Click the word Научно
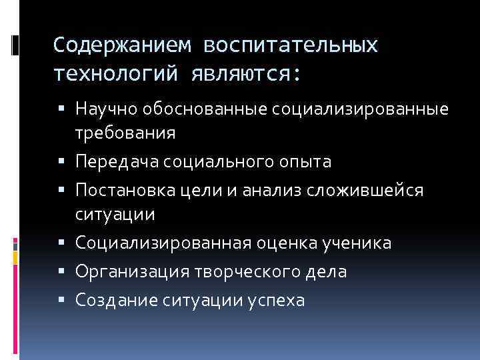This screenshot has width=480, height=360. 105,107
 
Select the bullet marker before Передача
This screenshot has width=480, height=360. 68,162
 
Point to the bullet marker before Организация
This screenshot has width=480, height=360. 68,272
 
